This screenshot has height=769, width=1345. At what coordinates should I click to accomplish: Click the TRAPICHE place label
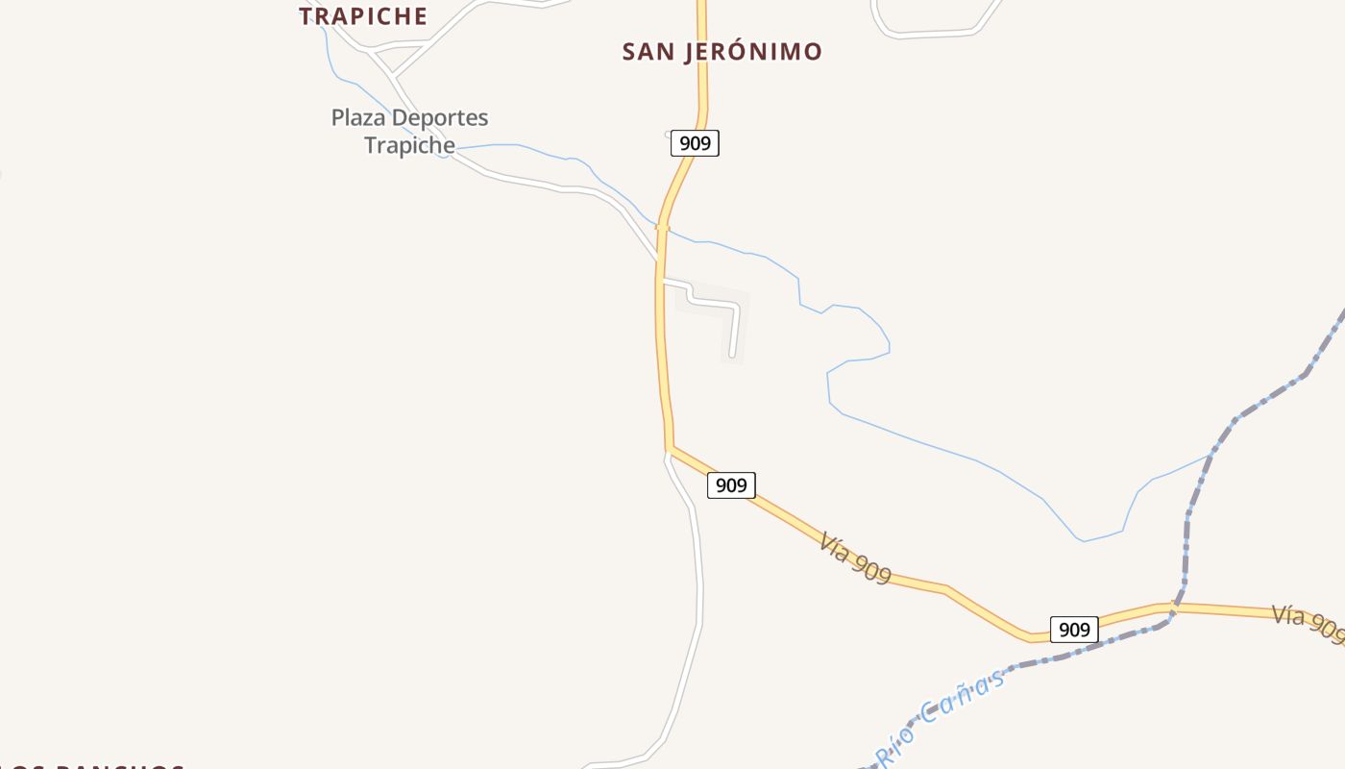(x=363, y=16)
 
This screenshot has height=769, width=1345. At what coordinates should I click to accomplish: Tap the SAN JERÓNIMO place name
(x=721, y=52)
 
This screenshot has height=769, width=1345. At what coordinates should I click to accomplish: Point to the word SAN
(x=648, y=52)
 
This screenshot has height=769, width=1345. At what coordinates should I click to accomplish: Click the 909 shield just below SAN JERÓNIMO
(x=695, y=143)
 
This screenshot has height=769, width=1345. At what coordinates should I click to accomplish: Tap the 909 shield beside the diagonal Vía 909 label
(x=731, y=485)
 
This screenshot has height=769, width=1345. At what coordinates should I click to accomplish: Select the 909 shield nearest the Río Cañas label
(x=1073, y=630)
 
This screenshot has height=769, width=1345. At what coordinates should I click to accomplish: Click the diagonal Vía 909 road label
(x=855, y=558)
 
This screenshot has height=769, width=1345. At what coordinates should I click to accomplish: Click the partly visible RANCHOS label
(x=96, y=767)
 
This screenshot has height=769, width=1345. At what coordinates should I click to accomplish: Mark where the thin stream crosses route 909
(x=662, y=227)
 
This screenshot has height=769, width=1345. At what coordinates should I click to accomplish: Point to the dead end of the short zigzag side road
(x=732, y=356)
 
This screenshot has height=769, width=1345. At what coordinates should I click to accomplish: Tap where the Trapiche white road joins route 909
(x=659, y=260)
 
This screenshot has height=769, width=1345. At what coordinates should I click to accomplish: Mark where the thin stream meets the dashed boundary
(x=1210, y=455)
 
